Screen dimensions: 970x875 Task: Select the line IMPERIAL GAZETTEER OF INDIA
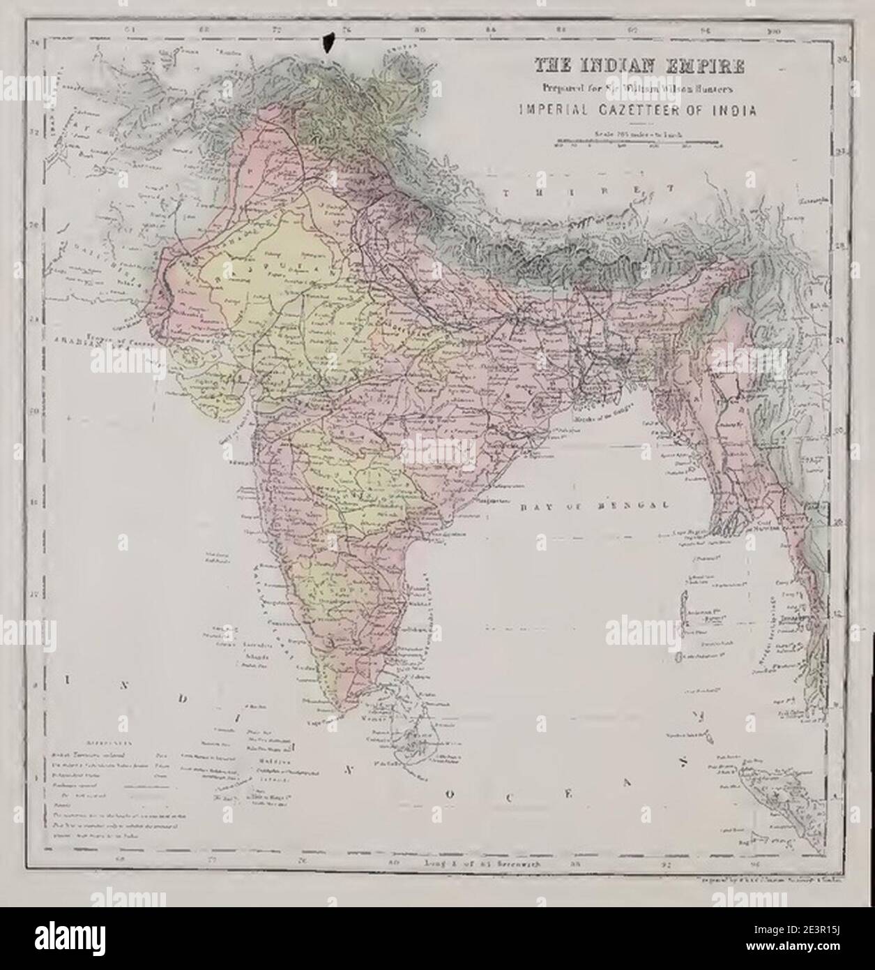(x=640, y=110)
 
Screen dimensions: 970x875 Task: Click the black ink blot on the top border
(x=327, y=41)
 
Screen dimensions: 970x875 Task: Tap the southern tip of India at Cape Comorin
(x=340, y=712)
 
